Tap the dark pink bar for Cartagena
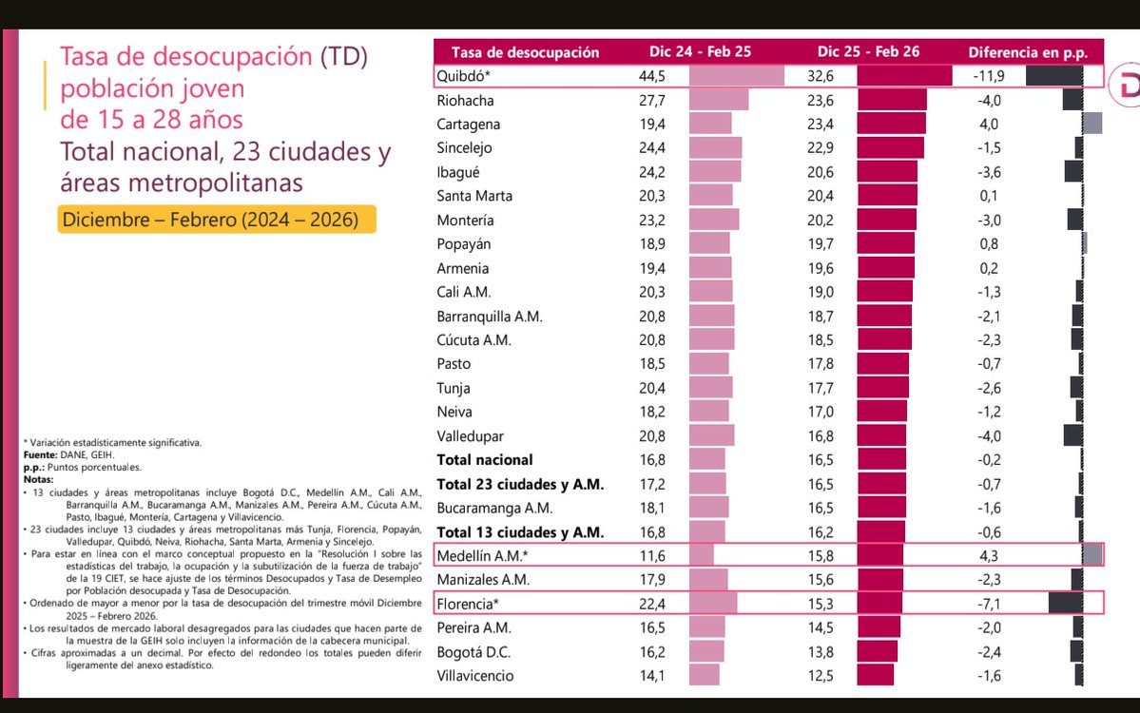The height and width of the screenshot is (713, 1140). click(x=891, y=124)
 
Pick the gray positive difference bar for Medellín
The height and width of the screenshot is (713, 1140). click(x=1092, y=554)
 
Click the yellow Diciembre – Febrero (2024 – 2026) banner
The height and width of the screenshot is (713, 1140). click(x=216, y=220)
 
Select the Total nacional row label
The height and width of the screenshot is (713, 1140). click(x=484, y=459)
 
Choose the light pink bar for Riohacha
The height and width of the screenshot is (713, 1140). click(x=718, y=101)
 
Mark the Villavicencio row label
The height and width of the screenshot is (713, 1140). click(x=475, y=675)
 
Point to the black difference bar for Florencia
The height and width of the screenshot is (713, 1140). click(x=1065, y=603)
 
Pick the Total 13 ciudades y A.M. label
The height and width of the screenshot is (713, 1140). click(x=520, y=531)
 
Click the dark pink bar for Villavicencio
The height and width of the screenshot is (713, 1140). click(x=875, y=675)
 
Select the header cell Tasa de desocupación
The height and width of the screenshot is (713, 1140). click(x=525, y=52)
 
